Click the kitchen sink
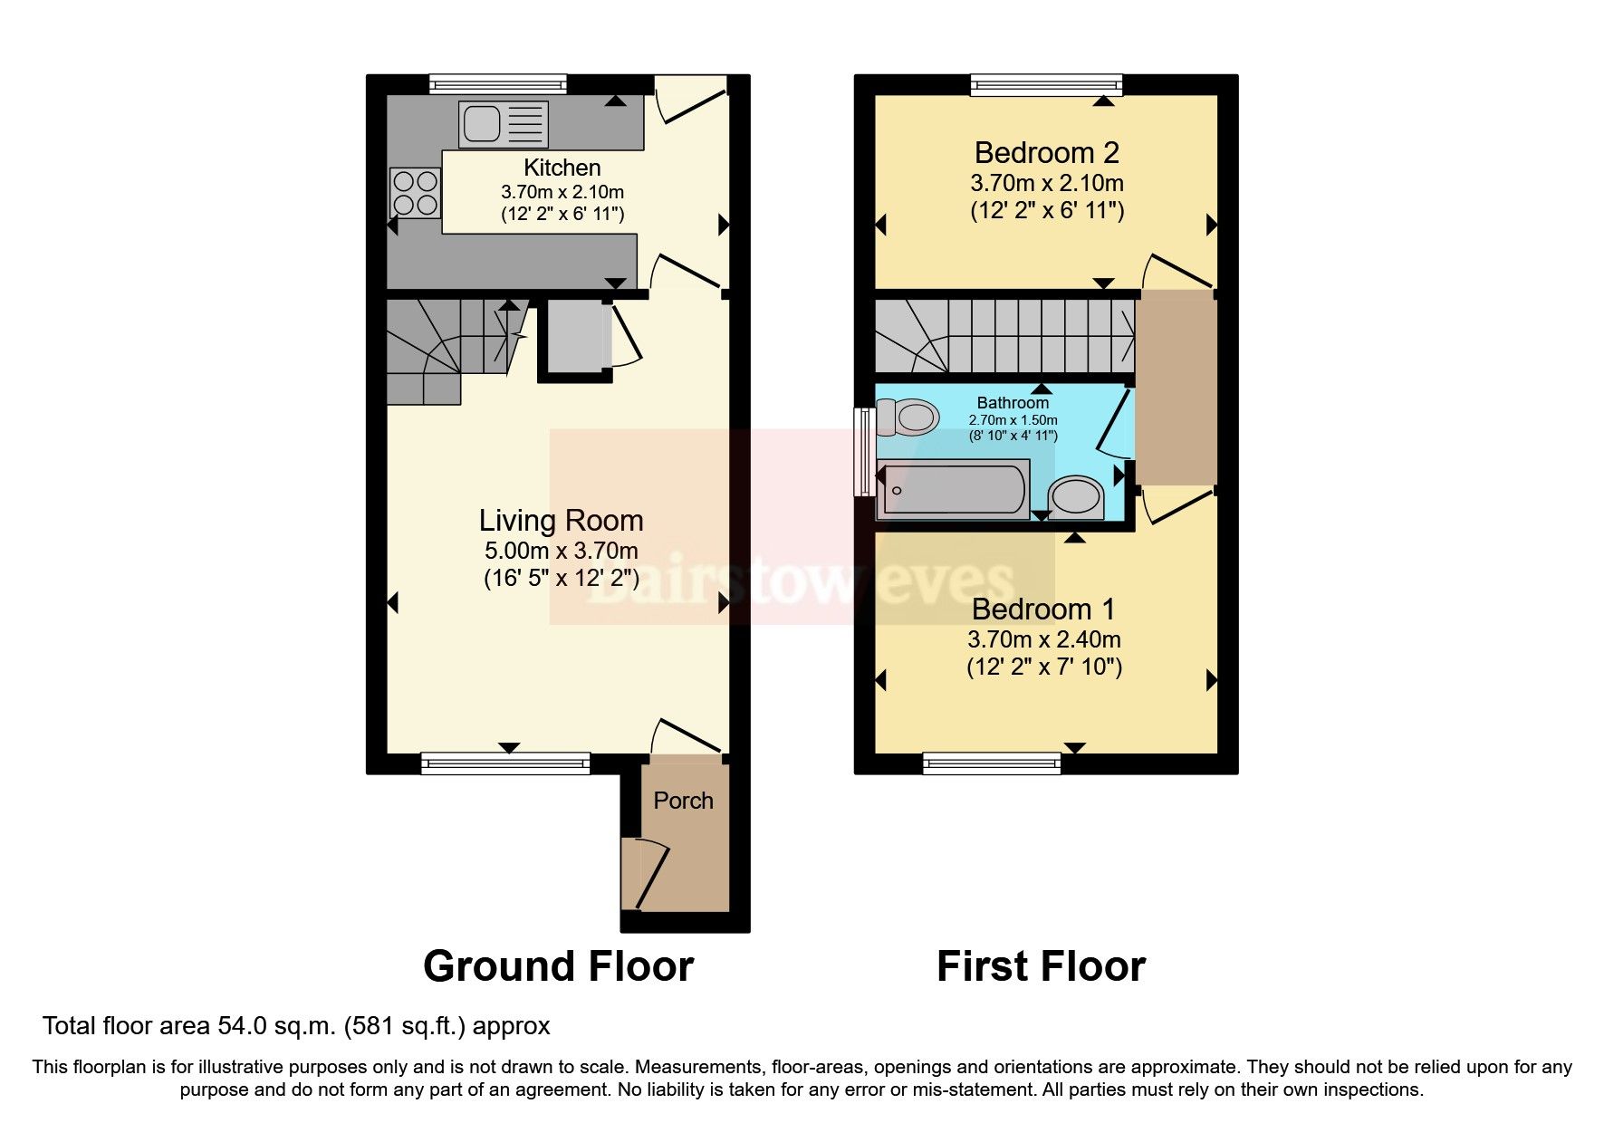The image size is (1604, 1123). click(504, 125)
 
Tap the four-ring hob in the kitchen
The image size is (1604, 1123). click(416, 193)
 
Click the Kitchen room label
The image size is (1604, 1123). click(562, 168)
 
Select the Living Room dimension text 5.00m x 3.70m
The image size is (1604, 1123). click(561, 550)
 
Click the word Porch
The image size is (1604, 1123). click(683, 801)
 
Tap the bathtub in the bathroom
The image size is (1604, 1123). click(953, 490)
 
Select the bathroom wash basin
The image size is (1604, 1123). click(1075, 498)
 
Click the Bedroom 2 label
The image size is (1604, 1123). click(1046, 152)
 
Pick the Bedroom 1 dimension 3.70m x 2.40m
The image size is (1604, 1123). click(1043, 639)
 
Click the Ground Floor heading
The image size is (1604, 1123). click(558, 966)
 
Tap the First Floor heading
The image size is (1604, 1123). click(1041, 966)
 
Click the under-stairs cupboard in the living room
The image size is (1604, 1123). click(576, 337)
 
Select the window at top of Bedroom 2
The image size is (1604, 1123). click(1046, 85)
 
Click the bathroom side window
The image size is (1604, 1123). click(864, 451)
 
